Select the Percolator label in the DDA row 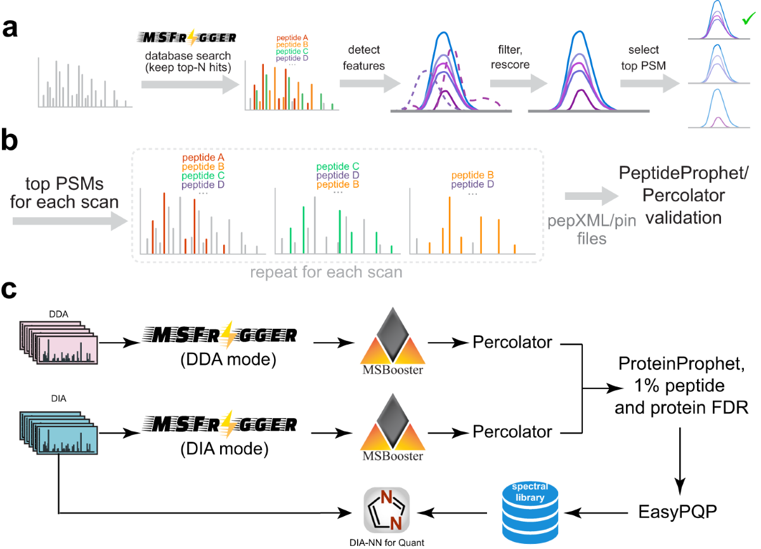click(512, 343)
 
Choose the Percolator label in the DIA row click(512, 432)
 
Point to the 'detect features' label click(362, 58)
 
